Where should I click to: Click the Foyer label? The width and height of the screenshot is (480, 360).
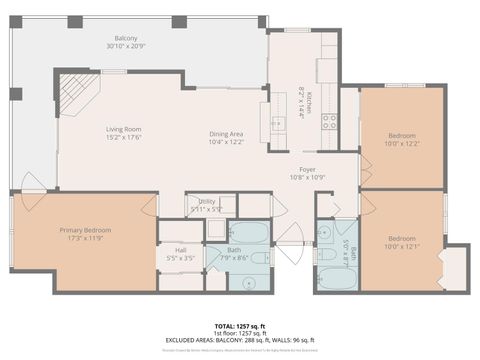pyautogui.click(x=308, y=173)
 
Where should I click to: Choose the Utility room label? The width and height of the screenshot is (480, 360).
pyautogui.click(x=207, y=204)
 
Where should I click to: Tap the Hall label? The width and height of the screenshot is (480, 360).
pyautogui.click(x=180, y=254)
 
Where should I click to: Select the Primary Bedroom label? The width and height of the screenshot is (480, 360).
pyautogui.click(x=84, y=234)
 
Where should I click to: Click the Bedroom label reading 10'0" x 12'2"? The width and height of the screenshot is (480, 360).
pyautogui.click(x=401, y=139)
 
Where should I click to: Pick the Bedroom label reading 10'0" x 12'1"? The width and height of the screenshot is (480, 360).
pyautogui.click(x=401, y=242)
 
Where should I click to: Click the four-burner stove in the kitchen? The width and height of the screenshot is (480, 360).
pyautogui.click(x=328, y=121)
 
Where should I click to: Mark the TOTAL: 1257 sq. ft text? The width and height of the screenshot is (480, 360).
pyautogui.click(x=240, y=326)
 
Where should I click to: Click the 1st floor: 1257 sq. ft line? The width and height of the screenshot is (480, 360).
pyautogui.click(x=240, y=333)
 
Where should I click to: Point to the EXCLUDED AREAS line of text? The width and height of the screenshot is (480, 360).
pyautogui.click(x=240, y=340)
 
